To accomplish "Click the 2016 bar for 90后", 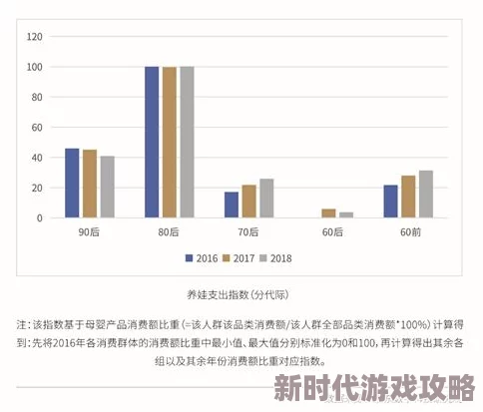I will (x=72, y=183).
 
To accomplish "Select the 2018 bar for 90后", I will (x=107, y=187).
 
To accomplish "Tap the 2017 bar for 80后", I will (x=169, y=142).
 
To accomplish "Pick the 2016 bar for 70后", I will (x=232, y=205).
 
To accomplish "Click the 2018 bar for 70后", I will (x=266, y=198).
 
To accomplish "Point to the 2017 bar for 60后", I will (x=328, y=212).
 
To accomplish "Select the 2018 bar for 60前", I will (x=426, y=194).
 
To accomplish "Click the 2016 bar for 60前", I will (x=391, y=201).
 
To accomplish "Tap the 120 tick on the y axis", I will (x=34, y=36).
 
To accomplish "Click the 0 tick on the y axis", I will (x=40, y=217).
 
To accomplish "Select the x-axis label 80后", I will (x=169, y=232).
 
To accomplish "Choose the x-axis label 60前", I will (x=408, y=232).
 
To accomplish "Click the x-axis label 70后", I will (x=248, y=232).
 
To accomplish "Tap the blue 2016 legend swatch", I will (x=189, y=256).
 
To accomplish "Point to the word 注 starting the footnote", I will (x=22, y=325).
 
